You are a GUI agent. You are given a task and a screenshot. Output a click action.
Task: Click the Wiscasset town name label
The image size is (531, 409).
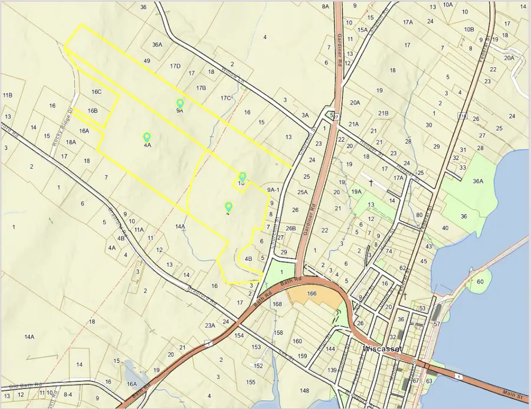click(382, 348)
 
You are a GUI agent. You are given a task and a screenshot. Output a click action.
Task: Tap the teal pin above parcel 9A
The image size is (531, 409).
click(180, 104)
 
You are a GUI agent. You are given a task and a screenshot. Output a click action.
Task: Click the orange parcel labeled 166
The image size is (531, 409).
click(312, 293)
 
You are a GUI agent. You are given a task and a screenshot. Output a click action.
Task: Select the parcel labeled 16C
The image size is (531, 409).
click(97, 92)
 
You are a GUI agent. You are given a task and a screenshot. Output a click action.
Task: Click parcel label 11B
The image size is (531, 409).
click(8, 95)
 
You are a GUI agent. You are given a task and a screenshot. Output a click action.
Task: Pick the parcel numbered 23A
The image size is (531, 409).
click(209, 325)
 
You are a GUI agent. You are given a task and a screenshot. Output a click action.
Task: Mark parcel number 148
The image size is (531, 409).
click(304, 391)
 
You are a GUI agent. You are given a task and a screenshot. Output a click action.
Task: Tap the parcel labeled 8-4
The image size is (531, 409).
click(68, 394)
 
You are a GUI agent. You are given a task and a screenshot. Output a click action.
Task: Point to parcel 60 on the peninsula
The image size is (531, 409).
click(480, 282)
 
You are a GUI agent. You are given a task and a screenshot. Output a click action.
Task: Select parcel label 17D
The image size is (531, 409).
click(175, 66)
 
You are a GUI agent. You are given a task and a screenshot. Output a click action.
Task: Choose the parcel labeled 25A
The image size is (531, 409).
click(303, 192)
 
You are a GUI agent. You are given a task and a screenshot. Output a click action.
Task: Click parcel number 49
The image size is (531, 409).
click(147, 61)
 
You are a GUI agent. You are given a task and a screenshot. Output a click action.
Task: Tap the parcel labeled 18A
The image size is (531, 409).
click(71, 142)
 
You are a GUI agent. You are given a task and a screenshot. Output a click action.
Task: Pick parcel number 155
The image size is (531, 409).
click(251, 382)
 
